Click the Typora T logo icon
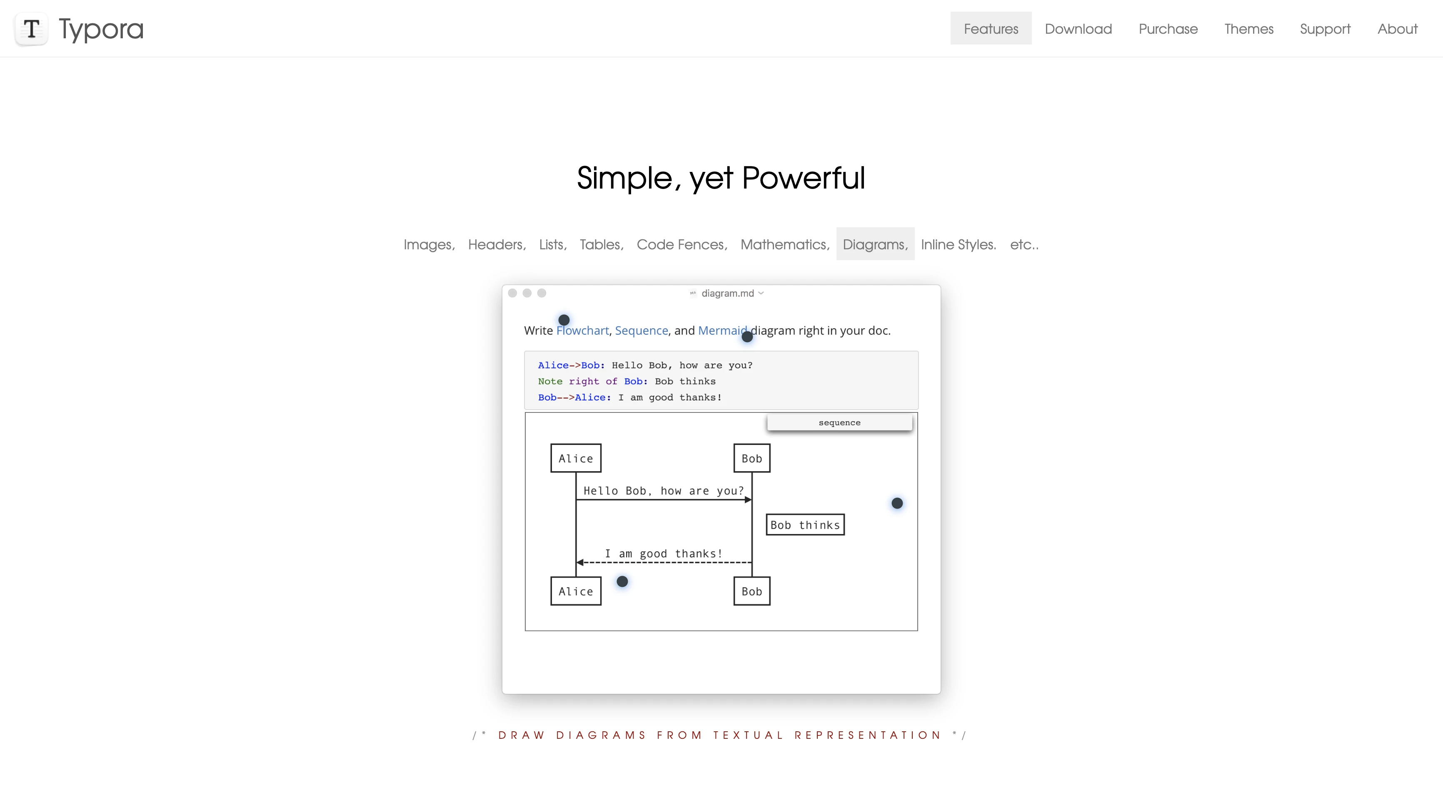click(31, 29)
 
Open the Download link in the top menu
click(1079, 29)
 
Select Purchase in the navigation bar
click(1168, 29)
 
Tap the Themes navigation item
click(1248, 29)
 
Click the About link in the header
click(1398, 29)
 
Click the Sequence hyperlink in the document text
click(642, 330)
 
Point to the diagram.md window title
click(728, 293)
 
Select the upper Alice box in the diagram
click(576, 458)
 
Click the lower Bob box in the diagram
click(752, 591)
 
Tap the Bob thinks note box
click(805, 524)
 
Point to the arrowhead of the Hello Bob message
click(749, 499)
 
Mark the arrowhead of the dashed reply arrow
click(580, 562)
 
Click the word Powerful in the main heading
click(803, 178)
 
